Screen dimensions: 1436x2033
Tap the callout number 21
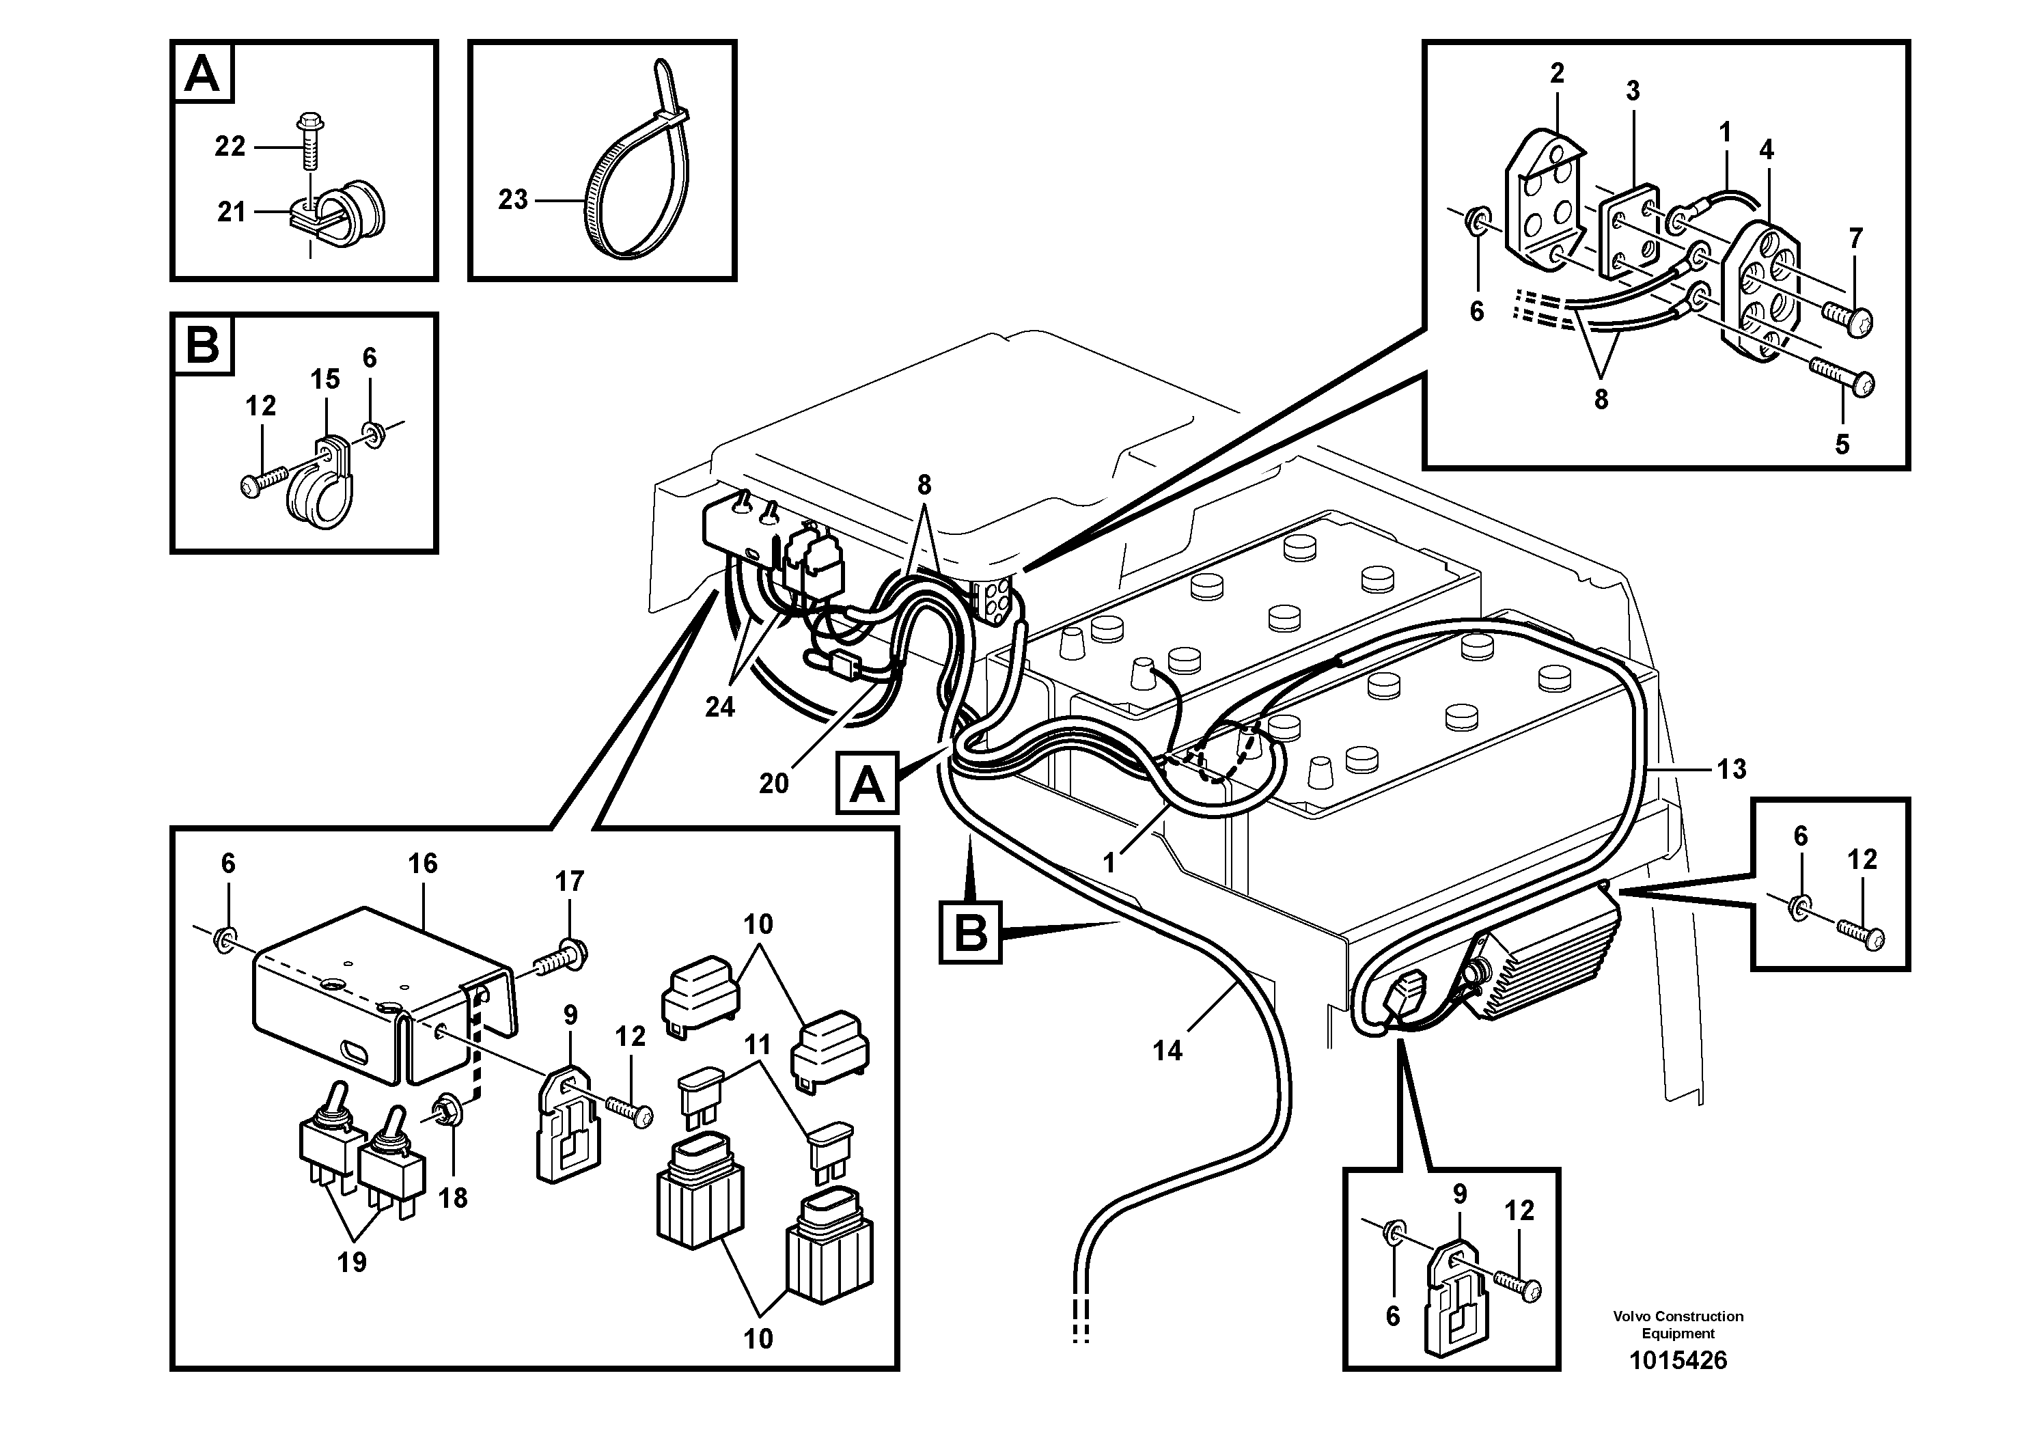[x=231, y=212]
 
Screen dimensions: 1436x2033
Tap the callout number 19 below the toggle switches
[x=352, y=1262]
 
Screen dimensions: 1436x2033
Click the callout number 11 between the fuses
[x=757, y=1045]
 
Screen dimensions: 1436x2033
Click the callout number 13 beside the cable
[x=1731, y=769]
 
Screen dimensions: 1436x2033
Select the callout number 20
[x=773, y=783]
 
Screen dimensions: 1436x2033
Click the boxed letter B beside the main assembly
[x=971, y=933]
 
